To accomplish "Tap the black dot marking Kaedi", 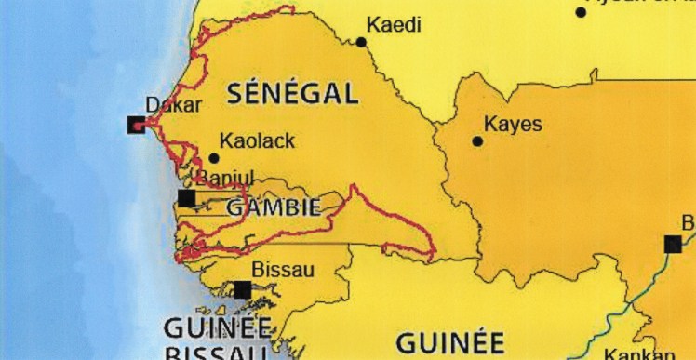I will tap(361, 41).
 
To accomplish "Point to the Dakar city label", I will tap(174, 106).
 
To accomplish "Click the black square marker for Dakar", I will tap(136, 124).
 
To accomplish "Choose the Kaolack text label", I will tap(257, 140).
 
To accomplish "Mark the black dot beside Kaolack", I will tap(214, 157).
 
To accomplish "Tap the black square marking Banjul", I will tap(186, 198).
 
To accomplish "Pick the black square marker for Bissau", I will tap(242, 289).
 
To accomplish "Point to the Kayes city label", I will tap(514, 125).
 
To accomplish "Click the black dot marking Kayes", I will tap(477, 141).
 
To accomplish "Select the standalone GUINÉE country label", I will tap(450, 340).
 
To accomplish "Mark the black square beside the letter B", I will tap(672, 245).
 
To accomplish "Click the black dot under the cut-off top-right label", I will tap(581, 12).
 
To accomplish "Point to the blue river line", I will tap(642, 298).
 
